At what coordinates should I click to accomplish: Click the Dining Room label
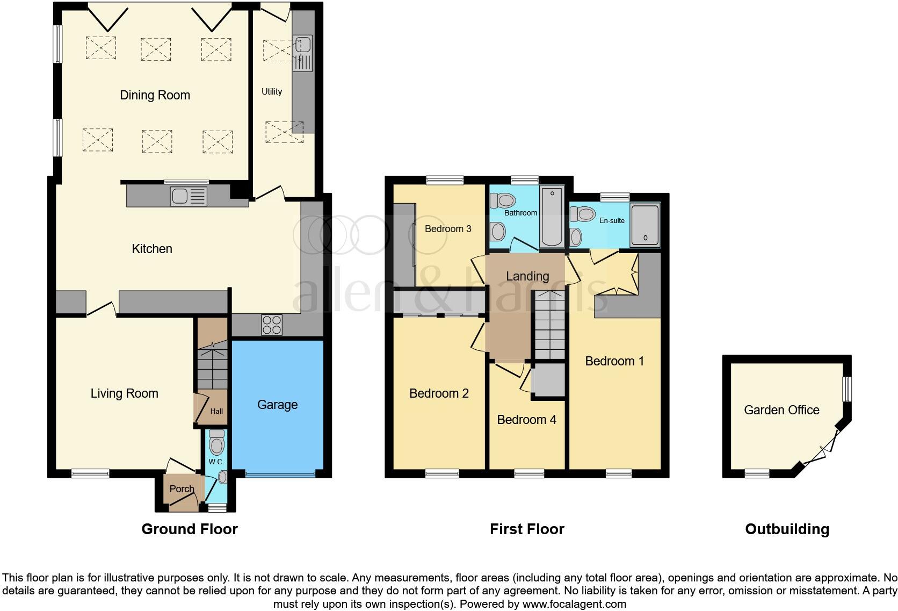(155, 96)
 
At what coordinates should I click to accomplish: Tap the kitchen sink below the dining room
(188, 196)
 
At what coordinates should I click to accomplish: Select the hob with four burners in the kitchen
(271, 325)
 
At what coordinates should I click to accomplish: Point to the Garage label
(277, 405)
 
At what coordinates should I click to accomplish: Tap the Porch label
(182, 488)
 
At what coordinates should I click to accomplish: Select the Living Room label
(124, 393)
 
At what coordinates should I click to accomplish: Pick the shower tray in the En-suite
(644, 225)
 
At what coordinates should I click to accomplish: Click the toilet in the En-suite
(583, 214)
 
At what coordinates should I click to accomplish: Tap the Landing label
(527, 276)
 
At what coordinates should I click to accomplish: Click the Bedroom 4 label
(526, 420)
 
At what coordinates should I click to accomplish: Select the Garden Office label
(781, 410)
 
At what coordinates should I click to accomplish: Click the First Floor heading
(527, 529)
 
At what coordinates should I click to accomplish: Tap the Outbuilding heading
(787, 529)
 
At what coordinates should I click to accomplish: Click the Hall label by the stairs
(216, 412)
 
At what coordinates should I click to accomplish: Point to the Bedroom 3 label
(448, 229)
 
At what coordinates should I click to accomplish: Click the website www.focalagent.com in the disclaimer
(574, 603)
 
